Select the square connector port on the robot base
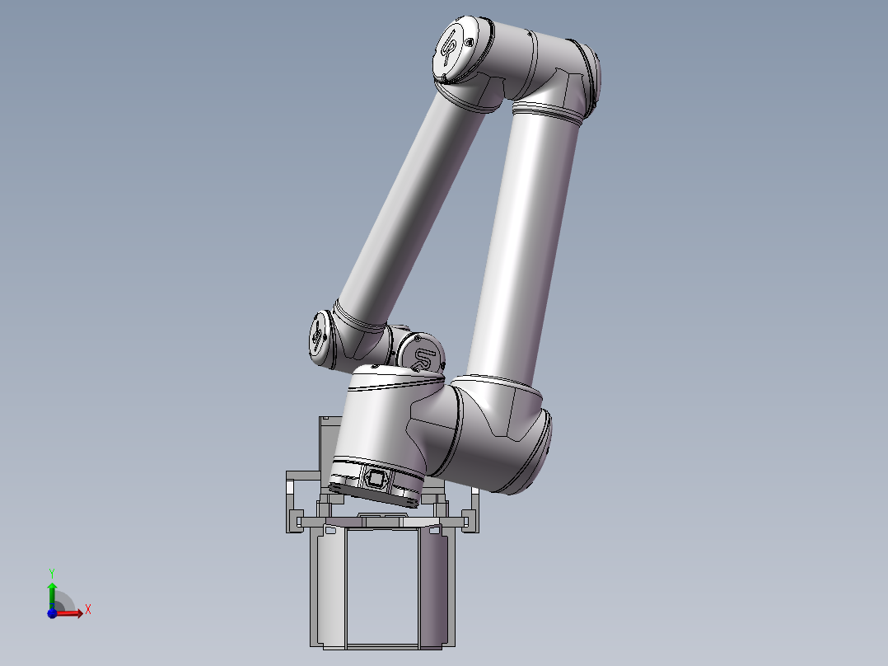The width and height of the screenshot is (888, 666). (375, 479)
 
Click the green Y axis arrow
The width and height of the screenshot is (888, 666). (52, 595)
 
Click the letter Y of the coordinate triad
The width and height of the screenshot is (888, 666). (52, 573)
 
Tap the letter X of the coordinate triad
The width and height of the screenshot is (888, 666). (88, 610)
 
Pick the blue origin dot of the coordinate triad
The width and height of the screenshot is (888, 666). (52, 613)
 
